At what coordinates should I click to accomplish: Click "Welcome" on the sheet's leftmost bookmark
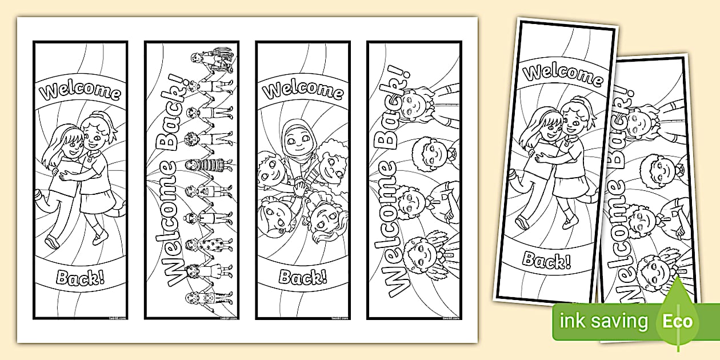click(79, 91)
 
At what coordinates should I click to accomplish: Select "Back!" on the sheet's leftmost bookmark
click(80, 278)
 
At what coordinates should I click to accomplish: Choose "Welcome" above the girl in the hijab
click(303, 90)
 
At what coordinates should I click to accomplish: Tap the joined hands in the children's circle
click(299, 187)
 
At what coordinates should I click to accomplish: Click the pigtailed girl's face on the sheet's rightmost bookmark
click(414, 102)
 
